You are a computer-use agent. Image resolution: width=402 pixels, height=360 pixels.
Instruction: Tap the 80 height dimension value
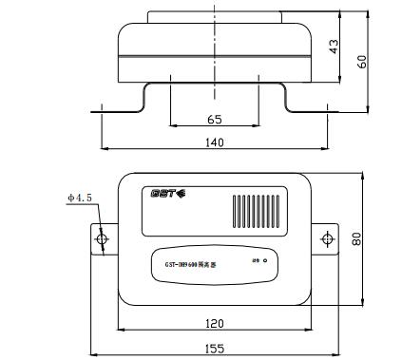pyautogui.click(x=355, y=238)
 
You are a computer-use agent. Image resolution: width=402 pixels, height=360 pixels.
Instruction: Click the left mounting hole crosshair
pyautogui.click(x=102, y=237)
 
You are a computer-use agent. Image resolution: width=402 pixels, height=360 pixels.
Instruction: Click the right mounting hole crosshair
pyautogui.click(x=325, y=237)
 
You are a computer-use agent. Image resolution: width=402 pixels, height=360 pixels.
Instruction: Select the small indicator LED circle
pyautogui.click(x=265, y=261)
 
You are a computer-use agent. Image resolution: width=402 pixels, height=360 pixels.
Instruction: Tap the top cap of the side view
pyautogui.click(x=214, y=15)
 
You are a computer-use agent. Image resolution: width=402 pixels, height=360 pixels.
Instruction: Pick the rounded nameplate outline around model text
pyautogui.click(x=214, y=265)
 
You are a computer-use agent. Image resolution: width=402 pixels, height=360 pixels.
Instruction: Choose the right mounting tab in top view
pyautogui.click(x=325, y=238)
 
